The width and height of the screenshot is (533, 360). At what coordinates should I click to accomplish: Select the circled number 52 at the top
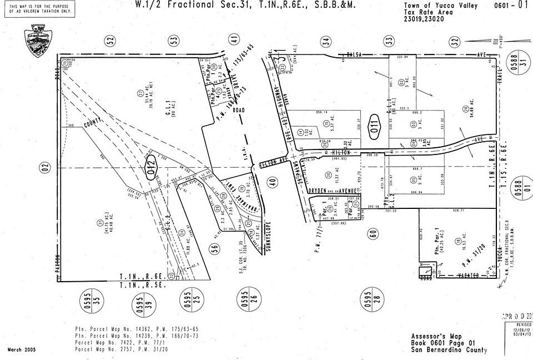110,40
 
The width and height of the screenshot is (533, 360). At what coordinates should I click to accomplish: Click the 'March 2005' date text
23,349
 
